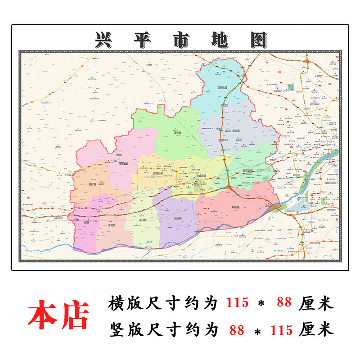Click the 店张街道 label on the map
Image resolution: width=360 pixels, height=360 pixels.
(221, 88)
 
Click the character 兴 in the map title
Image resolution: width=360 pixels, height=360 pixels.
(104, 40)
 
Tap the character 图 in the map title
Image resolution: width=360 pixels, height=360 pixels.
(258, 40)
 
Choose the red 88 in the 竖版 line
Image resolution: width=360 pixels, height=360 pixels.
(236, 330)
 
